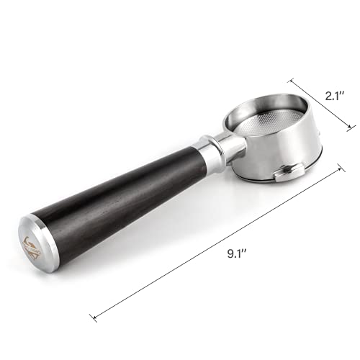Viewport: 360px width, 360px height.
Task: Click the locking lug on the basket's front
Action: click(286, 171)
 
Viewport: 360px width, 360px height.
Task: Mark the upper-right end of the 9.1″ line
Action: click(341, 167)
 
